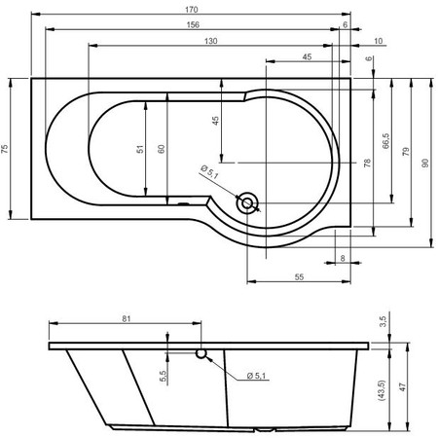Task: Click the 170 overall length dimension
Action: [x=192, y=10]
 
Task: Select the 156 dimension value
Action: [x=193, y=25]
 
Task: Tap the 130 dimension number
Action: [x=211, y=41]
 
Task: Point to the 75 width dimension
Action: [x=4, y=149]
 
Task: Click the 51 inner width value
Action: [x=140, y=149]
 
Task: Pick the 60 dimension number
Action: [x=162, y=149]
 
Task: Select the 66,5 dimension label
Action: [x=385, y=141]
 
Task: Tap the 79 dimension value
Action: [x=406, y=152]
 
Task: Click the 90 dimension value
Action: [x=425, y=163]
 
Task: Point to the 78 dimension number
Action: [x=367, y=163]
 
